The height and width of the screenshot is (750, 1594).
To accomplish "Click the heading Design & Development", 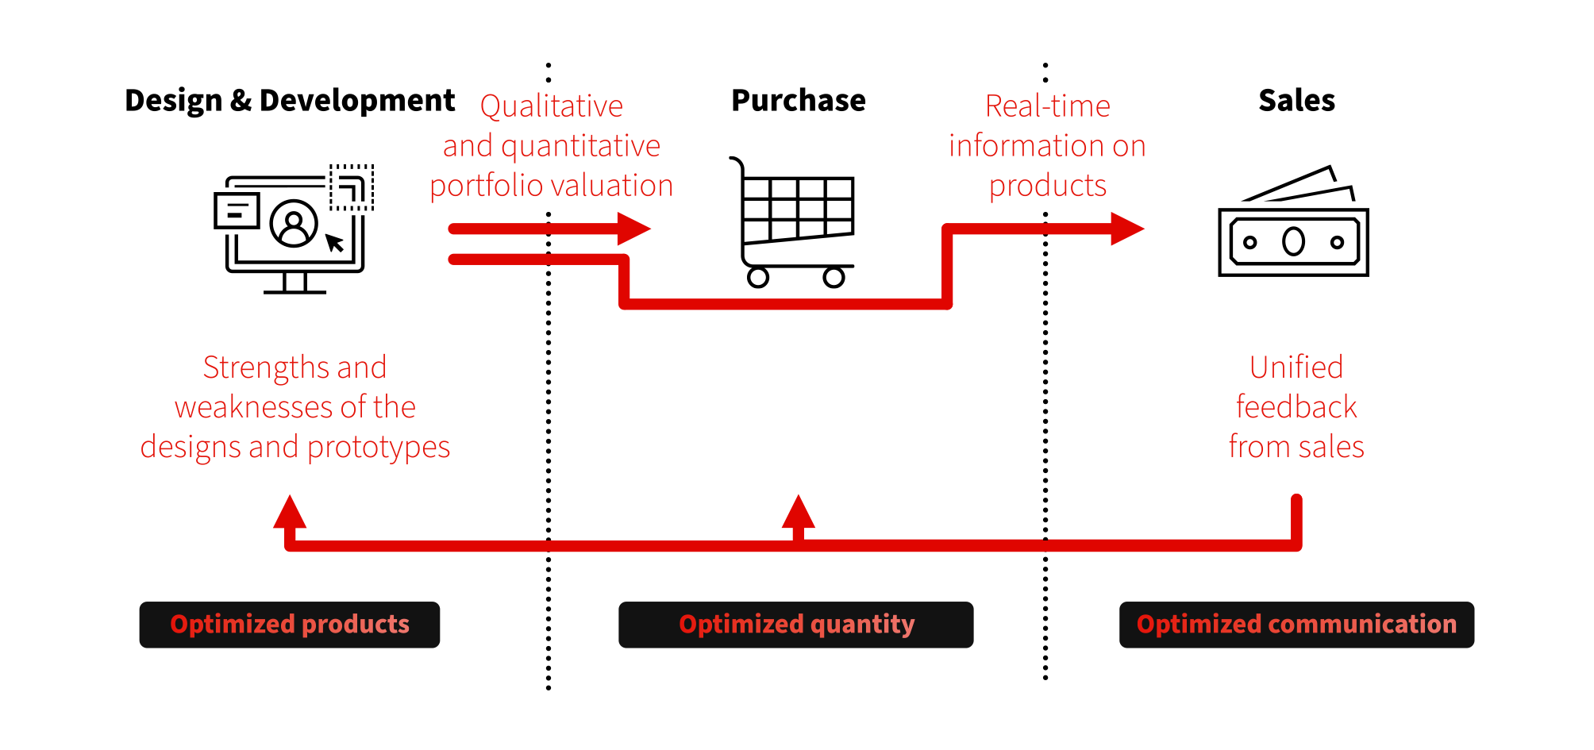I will coord(290,101).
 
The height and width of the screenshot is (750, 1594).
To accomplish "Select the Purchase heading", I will coord(798,101).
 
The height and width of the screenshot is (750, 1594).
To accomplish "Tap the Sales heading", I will coord(1296,101).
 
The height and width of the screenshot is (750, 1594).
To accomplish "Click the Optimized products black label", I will coord(290,625).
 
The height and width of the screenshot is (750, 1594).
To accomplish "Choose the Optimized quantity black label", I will coord(796,625).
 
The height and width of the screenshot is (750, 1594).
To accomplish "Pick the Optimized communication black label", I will coord(1296,625).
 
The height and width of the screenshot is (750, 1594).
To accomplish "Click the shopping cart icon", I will coord(794,222).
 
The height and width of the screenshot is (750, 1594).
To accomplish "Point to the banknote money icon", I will coord(1293,230).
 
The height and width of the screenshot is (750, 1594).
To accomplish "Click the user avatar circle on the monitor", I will coord(294,224).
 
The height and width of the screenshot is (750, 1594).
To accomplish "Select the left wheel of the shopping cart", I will coord(758,278).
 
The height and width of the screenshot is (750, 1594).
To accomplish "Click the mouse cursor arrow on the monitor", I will coord(335,242).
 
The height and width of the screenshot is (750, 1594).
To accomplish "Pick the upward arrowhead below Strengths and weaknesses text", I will coord(290,513).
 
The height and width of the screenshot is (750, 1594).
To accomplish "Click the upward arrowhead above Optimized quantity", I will coord(799,513).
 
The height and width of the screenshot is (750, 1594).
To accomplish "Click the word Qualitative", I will coord(552,106).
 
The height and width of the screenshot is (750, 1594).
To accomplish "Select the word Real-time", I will coord(1048,106).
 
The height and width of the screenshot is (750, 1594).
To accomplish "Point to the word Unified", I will coord(1296,367).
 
